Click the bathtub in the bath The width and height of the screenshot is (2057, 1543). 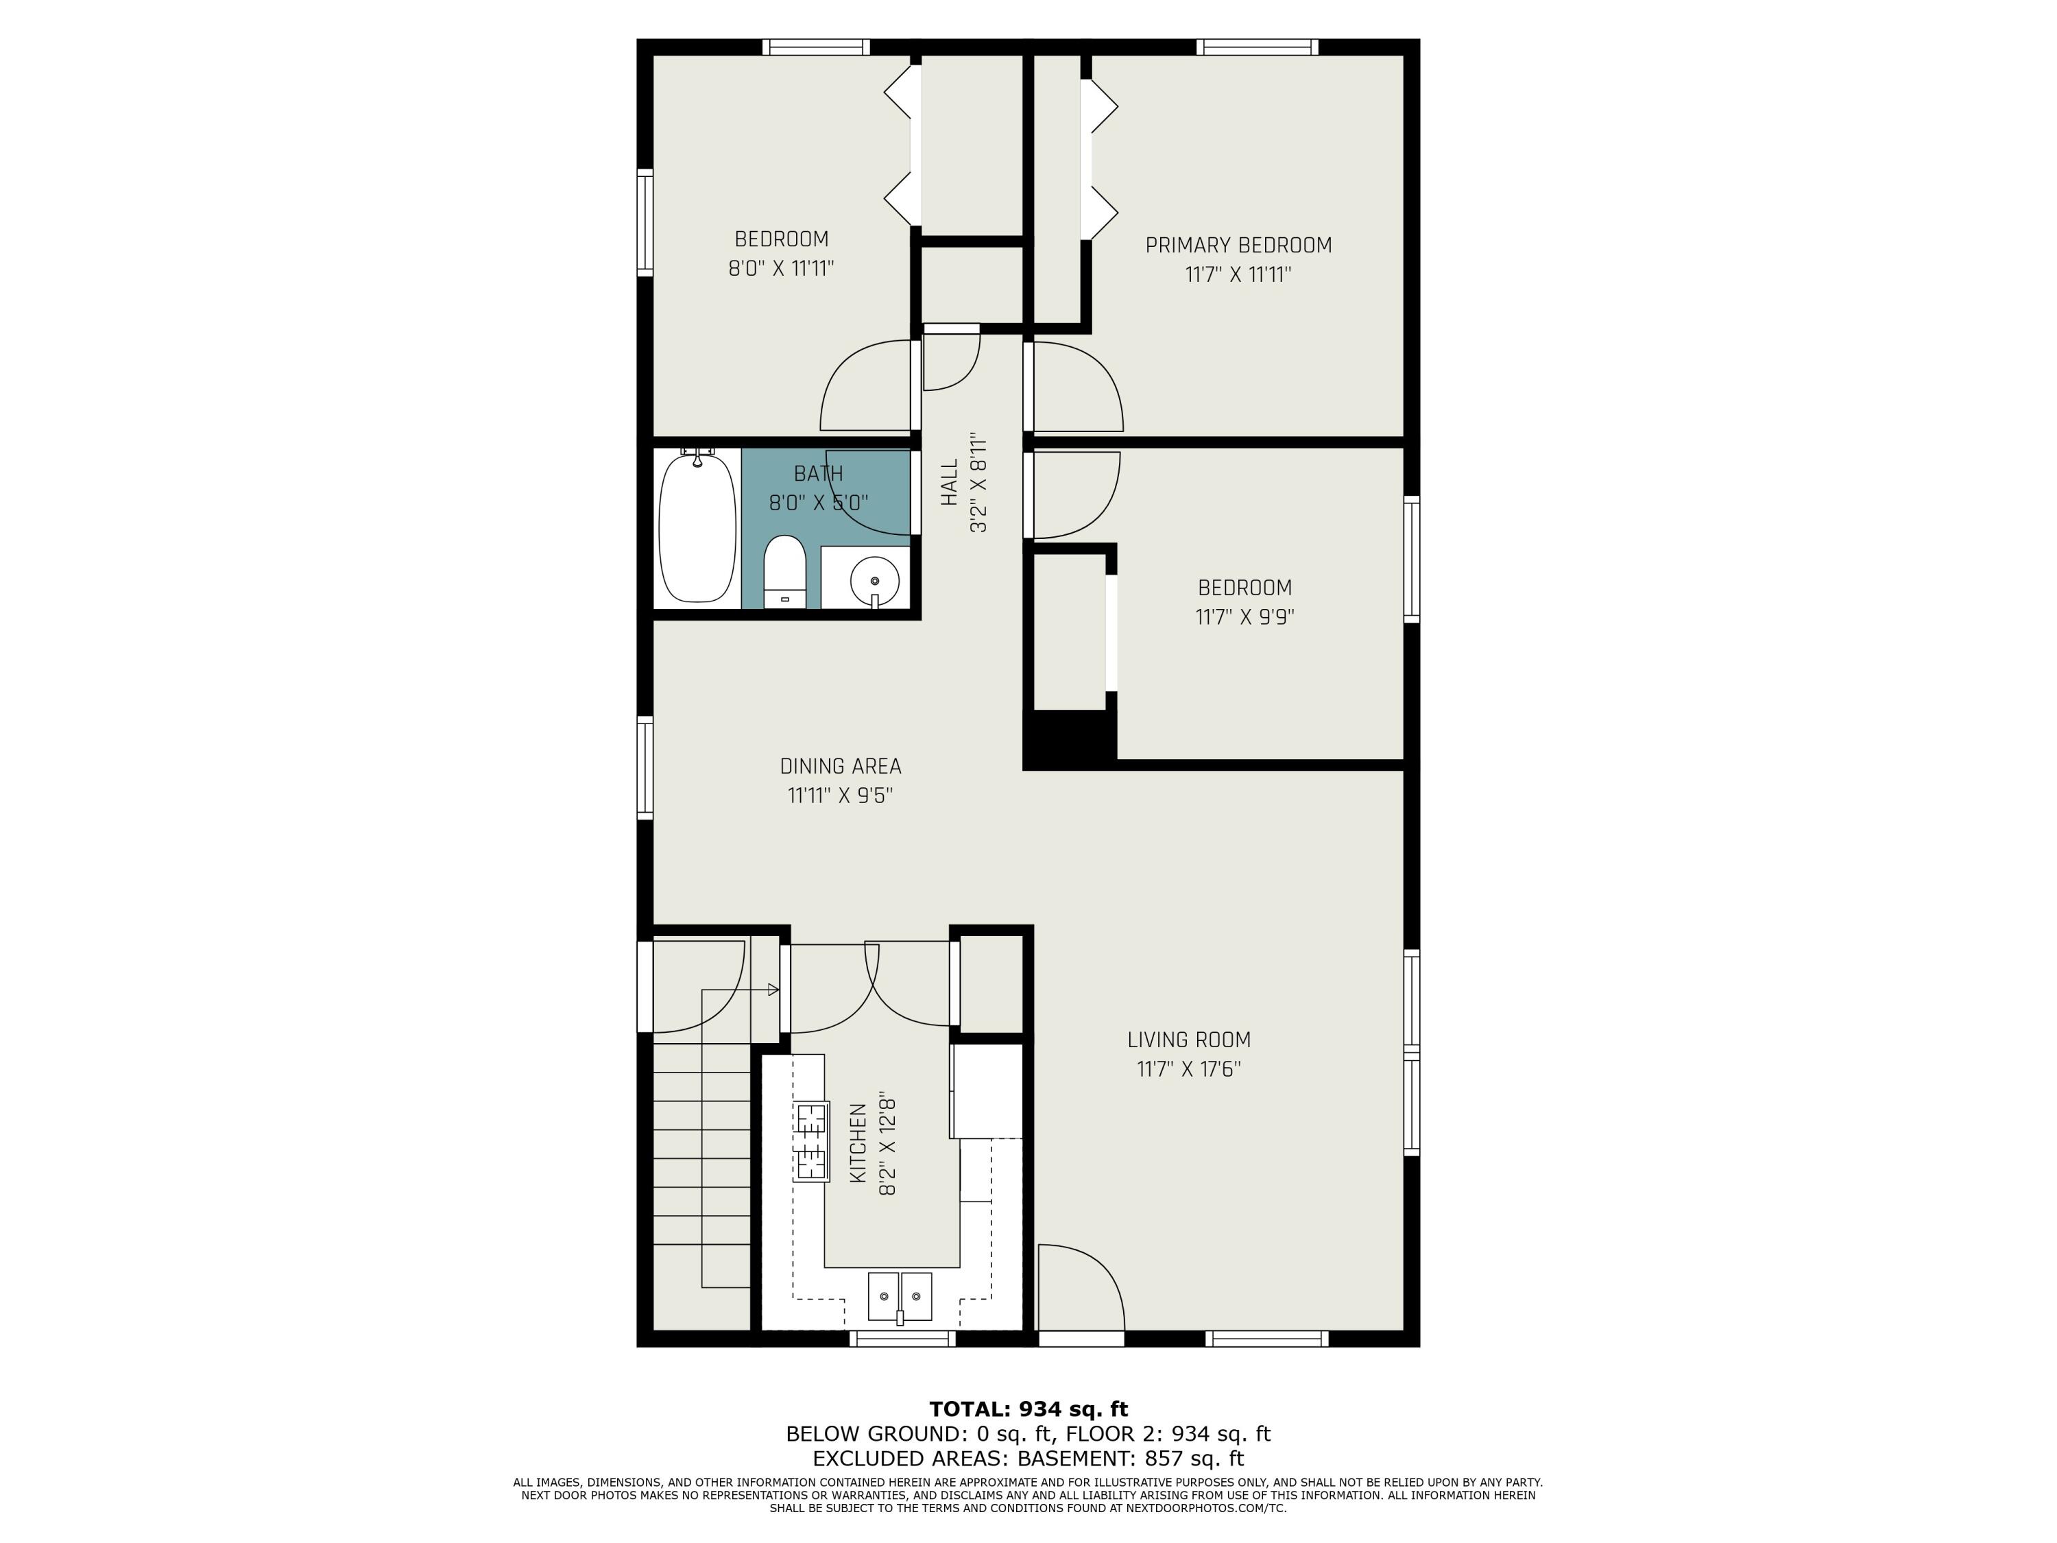pyautogui.click(x=697, y=527)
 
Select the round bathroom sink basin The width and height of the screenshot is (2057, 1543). pyautogui.click(x=874, y=580)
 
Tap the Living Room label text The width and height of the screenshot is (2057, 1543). pyautogui.click(x=1188, y=1040)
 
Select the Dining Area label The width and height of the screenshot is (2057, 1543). pyautogui.click(x=841, y=767)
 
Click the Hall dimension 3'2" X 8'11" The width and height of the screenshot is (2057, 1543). pyautogui.click(x=978, y=482)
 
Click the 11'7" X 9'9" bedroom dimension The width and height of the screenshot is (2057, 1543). pyautogui.click(x=1244, y=617)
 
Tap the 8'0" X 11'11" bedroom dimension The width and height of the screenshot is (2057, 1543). pyautogui.click(x=781, y=269)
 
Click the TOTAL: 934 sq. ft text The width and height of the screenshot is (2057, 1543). pyautogui.click(x=1028, y=1409)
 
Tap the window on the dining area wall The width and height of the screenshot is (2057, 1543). pyautogui.click(x=645, y=767)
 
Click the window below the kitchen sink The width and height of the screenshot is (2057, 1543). pyautogui.click(x=903, y=1339)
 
